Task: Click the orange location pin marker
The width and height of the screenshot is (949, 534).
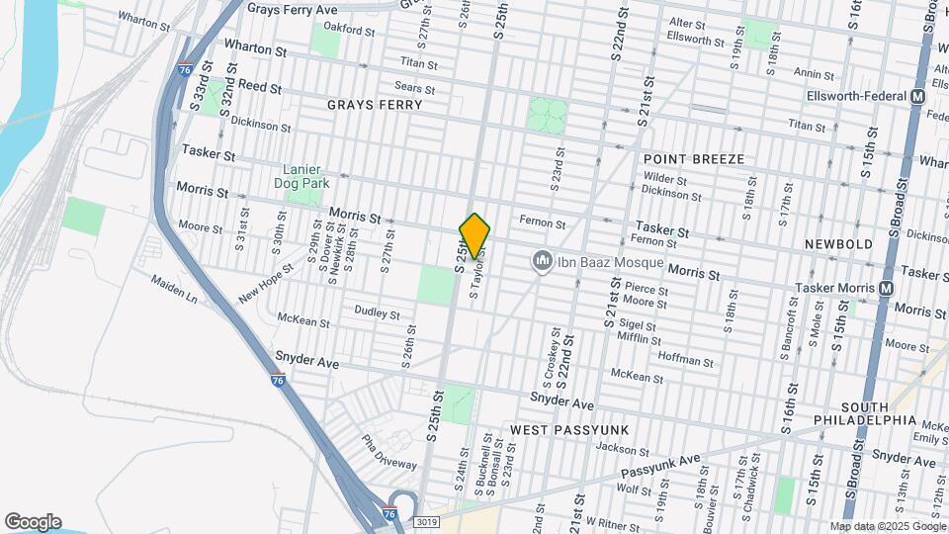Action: click(474, 235)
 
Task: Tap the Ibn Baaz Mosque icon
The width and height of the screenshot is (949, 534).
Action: click(541, 261)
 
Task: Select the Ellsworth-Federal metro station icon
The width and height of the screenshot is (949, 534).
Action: click(917, 97)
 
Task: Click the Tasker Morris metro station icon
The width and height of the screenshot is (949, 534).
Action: click(886, 288)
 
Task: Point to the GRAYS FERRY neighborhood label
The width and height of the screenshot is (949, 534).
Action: click(367, 104)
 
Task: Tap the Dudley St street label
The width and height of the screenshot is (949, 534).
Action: click(377, 314)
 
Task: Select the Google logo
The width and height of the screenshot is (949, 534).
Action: click(33, 521)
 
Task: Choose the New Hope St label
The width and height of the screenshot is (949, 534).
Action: click(266, 284)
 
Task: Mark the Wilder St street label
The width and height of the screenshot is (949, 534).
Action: click(665, 179)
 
